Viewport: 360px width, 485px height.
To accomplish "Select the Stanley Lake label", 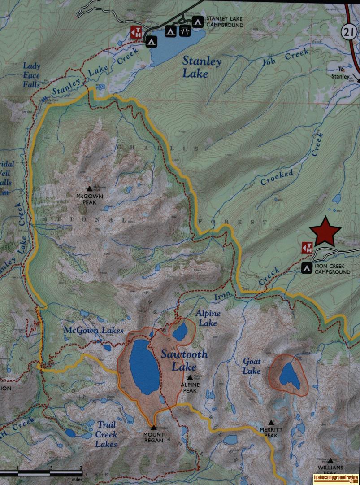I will (201, 67).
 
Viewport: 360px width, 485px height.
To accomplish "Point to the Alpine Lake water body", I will (180, 332).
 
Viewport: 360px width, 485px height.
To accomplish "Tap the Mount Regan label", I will (154, 437).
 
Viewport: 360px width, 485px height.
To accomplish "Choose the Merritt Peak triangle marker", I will (271, 422).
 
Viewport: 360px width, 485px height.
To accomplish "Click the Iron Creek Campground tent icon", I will (307, 268).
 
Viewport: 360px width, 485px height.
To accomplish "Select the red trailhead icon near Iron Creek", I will (307, 247).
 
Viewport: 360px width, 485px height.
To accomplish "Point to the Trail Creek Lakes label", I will (106, 434).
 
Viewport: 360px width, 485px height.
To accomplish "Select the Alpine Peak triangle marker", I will (190, 377).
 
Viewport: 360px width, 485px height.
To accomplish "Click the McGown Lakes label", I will (93, 331).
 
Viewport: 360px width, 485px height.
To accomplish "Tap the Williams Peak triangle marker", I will (330, 460).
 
